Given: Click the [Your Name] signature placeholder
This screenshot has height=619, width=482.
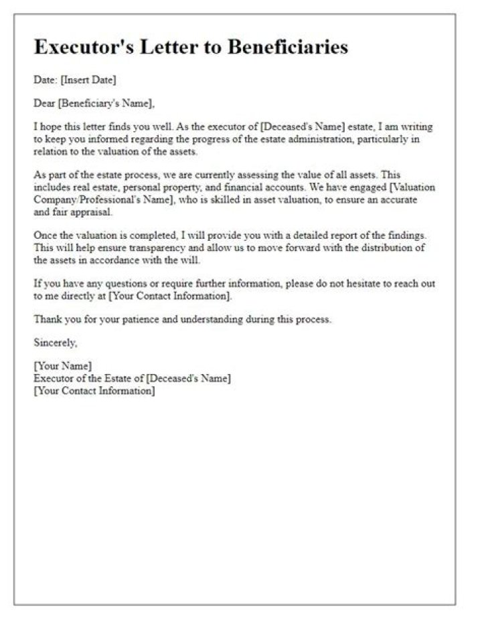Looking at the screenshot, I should (63, 367).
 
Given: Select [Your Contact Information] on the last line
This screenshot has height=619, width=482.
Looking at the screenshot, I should (94, 391).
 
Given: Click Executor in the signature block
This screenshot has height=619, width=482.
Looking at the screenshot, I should (53, 379).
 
